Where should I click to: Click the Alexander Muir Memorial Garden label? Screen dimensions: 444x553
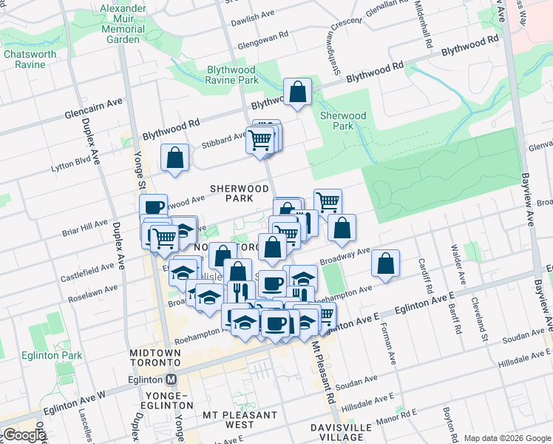(x=123, y=22)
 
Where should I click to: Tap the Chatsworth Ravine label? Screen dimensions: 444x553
(x=30, y=59)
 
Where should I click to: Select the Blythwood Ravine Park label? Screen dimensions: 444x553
(x=222, y=75)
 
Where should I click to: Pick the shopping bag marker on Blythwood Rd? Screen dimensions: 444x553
(x=297, y=93)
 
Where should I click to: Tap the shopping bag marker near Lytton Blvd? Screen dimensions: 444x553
(x=174, y=158)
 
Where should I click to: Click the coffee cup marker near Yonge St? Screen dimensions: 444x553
(x=153, y=207)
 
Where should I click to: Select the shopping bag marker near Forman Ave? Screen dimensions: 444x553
(x=385, y=263)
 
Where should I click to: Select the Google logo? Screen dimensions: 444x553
(x=24, y=435)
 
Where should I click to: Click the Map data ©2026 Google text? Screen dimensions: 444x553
(x=506, y=438)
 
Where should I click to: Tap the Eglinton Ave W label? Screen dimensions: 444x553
(x=75, y=404)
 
